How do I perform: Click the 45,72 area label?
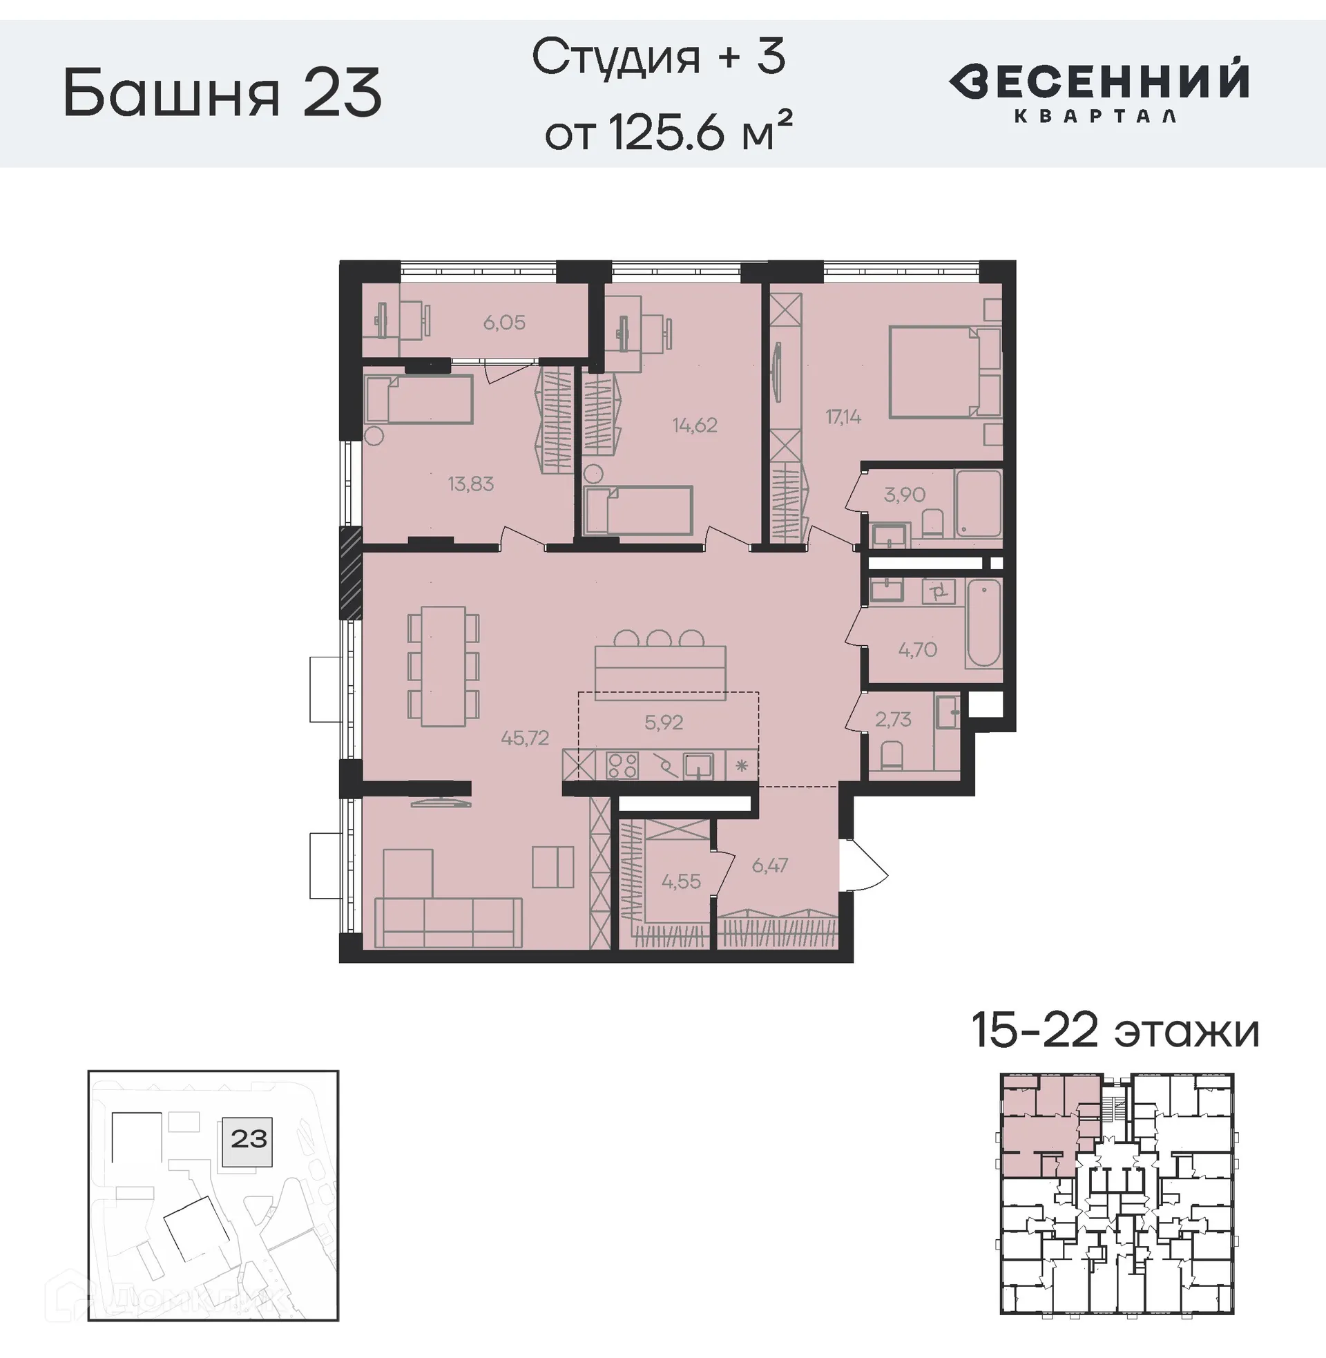coord(525,738)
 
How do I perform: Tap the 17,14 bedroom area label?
coord(843,417)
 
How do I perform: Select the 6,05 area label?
coord(504,323)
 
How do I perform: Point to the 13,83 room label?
coord(471,484)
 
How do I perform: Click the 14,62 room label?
coord(695,425)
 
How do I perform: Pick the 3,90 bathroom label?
coord(905,495)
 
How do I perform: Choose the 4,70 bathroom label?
coord(918,650)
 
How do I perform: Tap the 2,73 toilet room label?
coord(894,718)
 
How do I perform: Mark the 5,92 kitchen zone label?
coord(664,723)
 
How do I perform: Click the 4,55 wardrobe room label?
coord(681,881)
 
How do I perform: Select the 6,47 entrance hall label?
coord(769,865)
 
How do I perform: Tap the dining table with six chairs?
coord(443,667)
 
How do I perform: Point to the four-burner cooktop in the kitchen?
coord(622,765)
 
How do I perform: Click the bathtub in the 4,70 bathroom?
coord(983,624)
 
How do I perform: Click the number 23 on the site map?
coord(249,1138)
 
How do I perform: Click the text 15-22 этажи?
coord(1115,1031)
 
